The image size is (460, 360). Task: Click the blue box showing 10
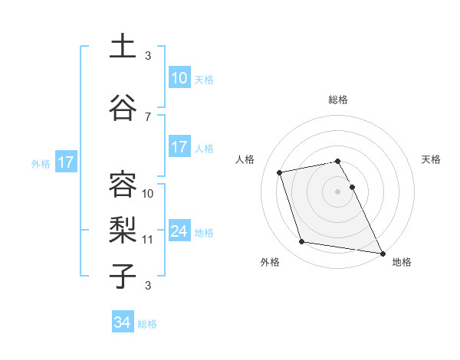point(179,78)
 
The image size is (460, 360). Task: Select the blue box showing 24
point(179,232)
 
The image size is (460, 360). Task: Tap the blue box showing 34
point(122,322)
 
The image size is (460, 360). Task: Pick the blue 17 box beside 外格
point(65,162)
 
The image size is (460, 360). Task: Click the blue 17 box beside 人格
point(179,147)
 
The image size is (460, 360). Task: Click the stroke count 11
point(148,239)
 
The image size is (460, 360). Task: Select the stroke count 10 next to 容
point(148,193)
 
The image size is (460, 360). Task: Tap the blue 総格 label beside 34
point(147,324)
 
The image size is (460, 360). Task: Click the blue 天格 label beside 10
point(204,79)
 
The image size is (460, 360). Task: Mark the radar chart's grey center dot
point(337,191)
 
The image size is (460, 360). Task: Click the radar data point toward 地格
point(382,253)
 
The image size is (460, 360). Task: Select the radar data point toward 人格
point(280,172)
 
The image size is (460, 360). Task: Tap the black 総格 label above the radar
point(338,100)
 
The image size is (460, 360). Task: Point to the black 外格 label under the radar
point(270,262)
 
